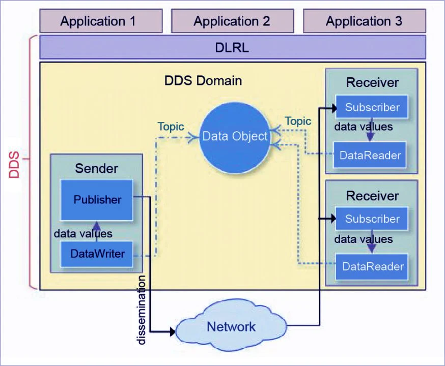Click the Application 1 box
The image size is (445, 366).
(x=101, y=21)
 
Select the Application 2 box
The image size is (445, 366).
(x=233, y=21)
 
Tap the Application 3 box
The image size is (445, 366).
(x=365, y=21)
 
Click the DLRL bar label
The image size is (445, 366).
(x=232, y=47)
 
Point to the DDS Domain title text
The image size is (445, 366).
(x=203, y=81)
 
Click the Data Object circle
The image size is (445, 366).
(x=235, y=138)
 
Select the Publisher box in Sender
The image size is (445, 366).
(x=97, y=200)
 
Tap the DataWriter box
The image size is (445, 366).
(x=97, y=254)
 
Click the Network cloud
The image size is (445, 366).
(x=231, y=326)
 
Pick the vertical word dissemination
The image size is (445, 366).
(x=141, y=310)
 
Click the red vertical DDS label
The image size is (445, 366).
(x=14, y=165)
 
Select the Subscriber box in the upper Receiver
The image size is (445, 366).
(x=372, y=107)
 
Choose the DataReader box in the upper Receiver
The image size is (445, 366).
(x=370, y=155)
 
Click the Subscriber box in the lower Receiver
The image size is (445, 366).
(x=372, y=219)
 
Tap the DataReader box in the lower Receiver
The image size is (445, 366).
(x=372, y=266)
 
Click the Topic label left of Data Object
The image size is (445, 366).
(x=171, y=127)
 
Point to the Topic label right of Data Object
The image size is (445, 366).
(x=298, y=121)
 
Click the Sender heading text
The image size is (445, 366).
(x=97, y=169)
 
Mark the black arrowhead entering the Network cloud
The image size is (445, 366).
(x=173, y=331)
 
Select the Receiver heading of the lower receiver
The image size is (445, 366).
(x=372, y=196)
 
